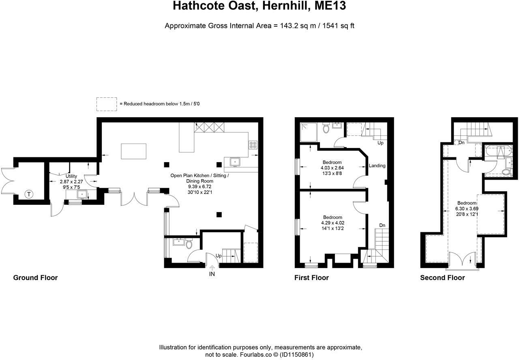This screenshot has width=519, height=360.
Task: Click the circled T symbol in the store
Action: click(x=29, y=194)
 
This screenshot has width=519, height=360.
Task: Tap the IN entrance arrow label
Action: click(x=212, y=274)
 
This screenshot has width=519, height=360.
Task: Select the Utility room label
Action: click(x=71, y=176)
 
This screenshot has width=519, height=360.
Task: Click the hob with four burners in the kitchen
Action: click(x=253, y=145)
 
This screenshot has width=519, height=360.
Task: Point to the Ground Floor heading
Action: click(x=35, y=278)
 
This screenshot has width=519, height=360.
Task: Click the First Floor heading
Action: click(x=311, y=278)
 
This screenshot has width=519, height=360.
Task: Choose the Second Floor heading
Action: click(x=442, y=278)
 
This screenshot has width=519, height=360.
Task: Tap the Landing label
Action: click(x=377, y=166)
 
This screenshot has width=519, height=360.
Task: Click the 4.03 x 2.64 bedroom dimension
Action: click(x=332, y=168)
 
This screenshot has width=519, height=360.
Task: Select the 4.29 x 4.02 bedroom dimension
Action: click(x=332, y=223)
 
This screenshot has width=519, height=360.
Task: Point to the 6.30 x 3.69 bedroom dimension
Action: click(x=467, y=208)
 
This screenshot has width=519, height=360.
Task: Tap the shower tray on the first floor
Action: click(x=309, y=132)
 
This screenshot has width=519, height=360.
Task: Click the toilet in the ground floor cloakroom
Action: click(x=189, y=244)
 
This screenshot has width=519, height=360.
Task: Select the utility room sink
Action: click(x=82, y=194)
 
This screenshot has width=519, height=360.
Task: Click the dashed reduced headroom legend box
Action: click(x=107, y=104)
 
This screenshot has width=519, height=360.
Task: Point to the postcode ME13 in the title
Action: click(x=330, y=6)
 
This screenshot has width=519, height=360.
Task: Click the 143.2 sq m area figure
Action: click(x=298, y=26)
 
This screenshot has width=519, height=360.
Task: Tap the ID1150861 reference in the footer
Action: click(x=296, y=355)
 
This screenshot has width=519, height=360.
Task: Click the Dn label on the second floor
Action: click(x=461, y=143)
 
